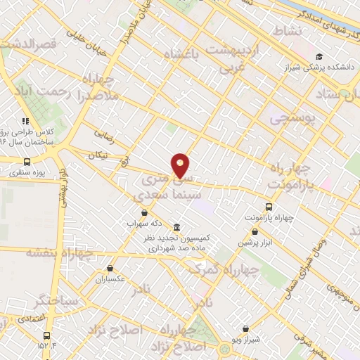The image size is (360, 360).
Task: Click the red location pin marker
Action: click(181, 165)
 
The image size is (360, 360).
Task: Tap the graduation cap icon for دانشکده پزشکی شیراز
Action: click(320, 57)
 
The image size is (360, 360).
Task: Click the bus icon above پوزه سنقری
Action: click(27, 161)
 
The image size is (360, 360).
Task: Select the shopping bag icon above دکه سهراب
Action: click(144, 212)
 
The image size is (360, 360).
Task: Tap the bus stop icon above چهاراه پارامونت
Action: click(268, 207)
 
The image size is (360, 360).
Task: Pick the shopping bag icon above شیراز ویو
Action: click(245, 328)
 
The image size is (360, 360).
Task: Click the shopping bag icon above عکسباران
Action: click(110, 268)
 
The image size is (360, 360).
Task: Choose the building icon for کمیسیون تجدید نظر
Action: click(175, 227)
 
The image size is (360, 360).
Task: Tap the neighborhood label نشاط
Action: click(290, 32)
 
